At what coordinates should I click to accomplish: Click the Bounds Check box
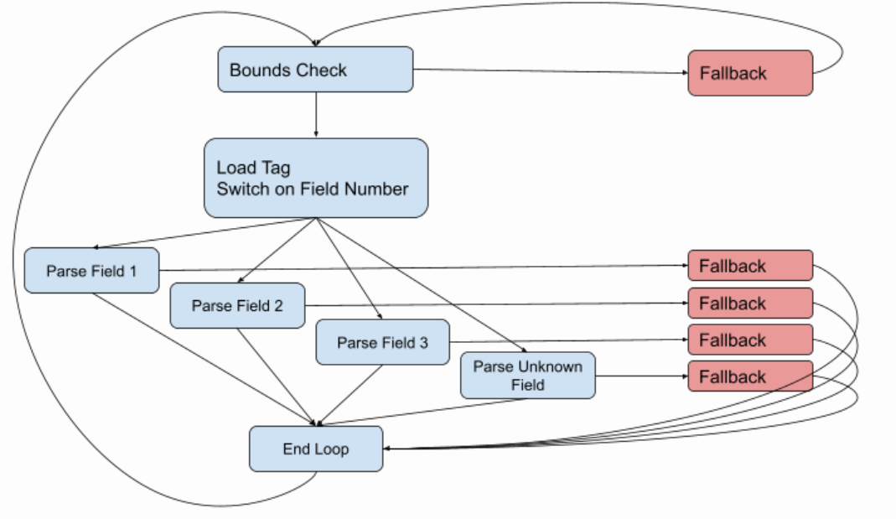(315, 70)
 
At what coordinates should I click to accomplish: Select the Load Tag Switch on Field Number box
(316, 178)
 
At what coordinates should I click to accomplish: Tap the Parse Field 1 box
(91, 271)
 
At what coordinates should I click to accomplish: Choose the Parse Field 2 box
(237, 306)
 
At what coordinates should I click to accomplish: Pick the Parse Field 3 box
(382, 342)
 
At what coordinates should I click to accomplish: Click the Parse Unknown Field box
(527, 376)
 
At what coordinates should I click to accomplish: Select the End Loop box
(316, 449)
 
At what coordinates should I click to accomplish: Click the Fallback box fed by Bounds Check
(750, 73)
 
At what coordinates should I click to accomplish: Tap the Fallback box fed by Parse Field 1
(750, 266)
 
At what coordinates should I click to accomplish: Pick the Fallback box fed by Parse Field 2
(750, 303)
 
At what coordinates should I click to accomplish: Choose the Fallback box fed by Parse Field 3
(750, 340)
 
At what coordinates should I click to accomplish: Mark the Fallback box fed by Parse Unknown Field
(750, 376)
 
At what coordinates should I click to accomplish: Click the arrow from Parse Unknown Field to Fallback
(641, 376)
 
